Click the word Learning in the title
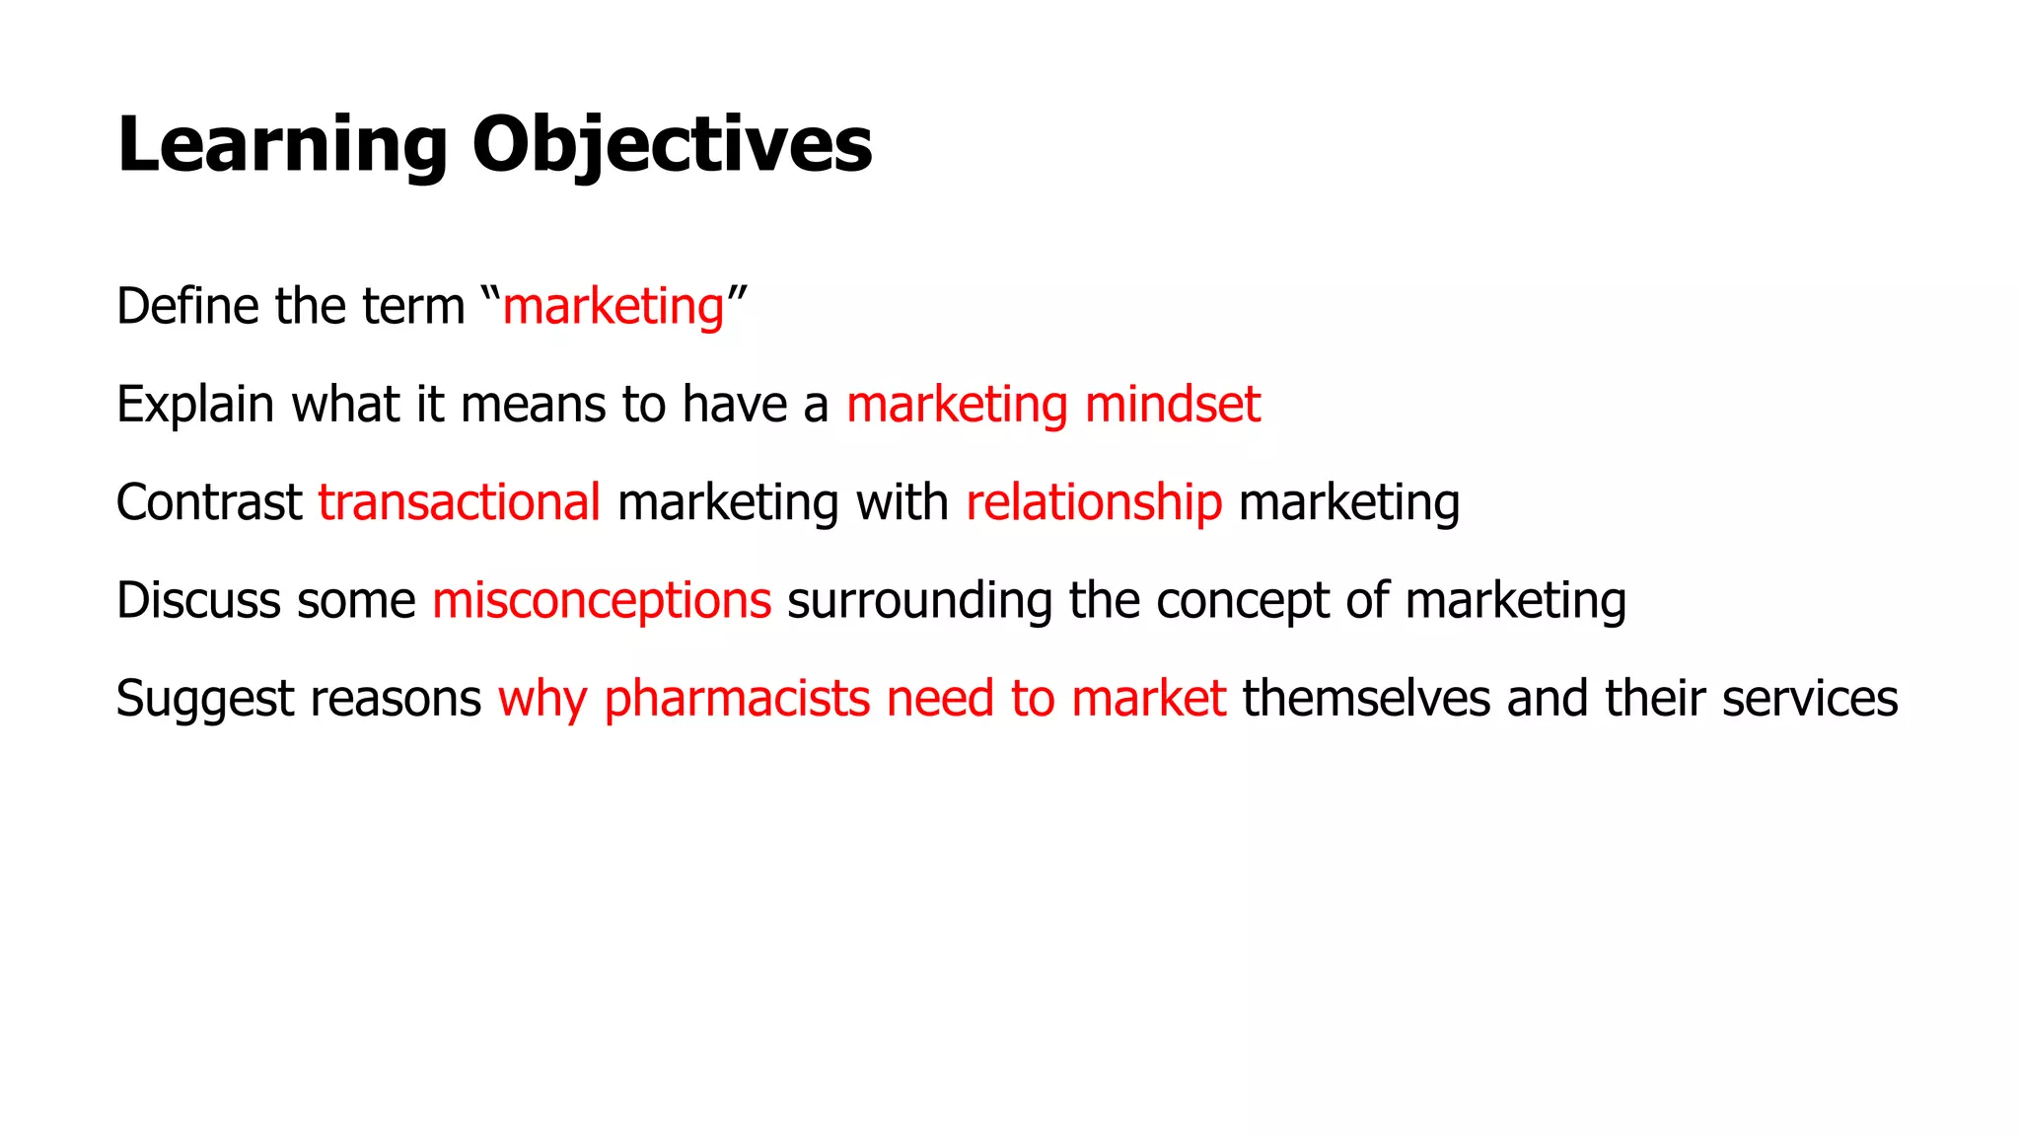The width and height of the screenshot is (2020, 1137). click(x=282, y=145)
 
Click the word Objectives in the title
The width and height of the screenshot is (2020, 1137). click(x=672, y=145)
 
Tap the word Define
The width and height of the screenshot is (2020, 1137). click(x=187, y=306)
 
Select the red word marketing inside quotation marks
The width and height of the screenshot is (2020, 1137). click(x=613, y=307)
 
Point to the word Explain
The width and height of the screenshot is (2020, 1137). click(x=195, y=405)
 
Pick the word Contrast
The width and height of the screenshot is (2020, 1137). click(x=209, y=502)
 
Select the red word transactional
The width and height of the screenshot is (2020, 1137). click(x=459, y=502)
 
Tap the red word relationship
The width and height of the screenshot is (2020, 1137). click(x=1094, y=502)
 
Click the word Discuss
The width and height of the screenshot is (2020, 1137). click(x=198, y=600)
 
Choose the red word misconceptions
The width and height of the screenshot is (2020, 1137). click(x=602, y=601)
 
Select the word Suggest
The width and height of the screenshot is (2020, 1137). click(x=205, y=700)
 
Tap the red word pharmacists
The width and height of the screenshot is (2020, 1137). click(x=737, y=699)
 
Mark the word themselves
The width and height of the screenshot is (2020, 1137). click(x=1366, y=699)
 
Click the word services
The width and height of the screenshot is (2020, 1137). click(x=1809, y=699)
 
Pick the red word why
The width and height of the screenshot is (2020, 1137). click(x=542, y=700)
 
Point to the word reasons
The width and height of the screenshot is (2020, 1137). click(x=396, y=700)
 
